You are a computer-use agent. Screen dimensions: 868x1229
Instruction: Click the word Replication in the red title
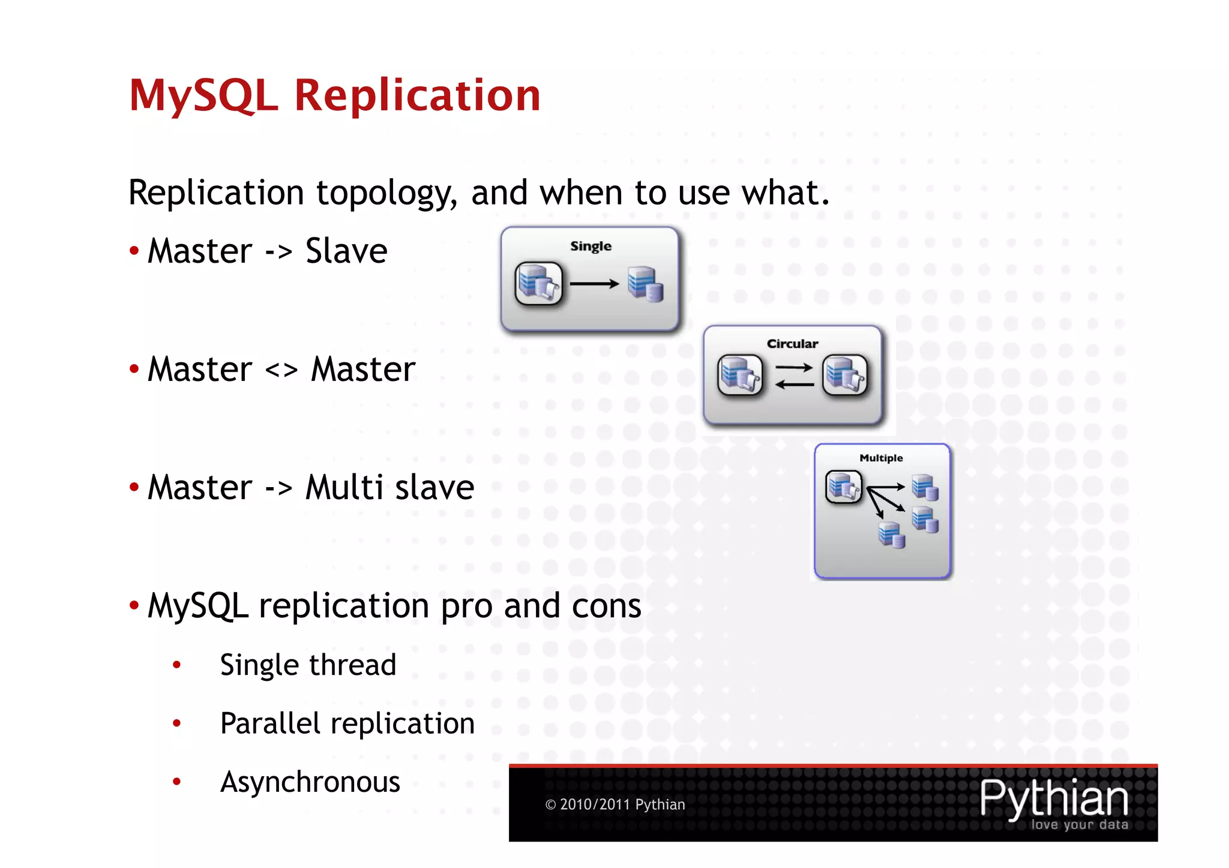pyautogui.click(x=417, y=96)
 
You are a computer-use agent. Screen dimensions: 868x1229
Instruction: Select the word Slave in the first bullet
pyautogui.click(x=346, y=251)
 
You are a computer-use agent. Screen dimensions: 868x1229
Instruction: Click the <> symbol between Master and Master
pyautogui.click(x=281, y=370)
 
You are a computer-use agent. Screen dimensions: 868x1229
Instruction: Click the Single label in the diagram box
pyautogui.click(x=590, y=247)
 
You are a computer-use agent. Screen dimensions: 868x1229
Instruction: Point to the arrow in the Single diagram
pyautogui.click(x=594, y=284)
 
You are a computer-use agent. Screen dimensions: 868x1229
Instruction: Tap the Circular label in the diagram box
pyautogui.click(x=792, y=344)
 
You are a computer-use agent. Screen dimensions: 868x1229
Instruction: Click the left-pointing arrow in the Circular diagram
pyautogui.click(x=794, y=385)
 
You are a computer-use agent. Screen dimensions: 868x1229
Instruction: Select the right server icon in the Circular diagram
pyautogui.click(x=845, y=376)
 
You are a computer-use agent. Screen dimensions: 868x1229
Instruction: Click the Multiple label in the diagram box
pyautogui.click(x=881, y=458)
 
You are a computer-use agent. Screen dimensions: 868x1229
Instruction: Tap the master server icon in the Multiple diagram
pyautogui.click(x=843, y=486)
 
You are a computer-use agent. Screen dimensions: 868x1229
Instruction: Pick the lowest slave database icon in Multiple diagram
pyautogui.click(x=892, y=534)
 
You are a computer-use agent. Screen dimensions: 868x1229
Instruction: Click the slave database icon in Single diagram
pyautogui.click(x=645, y=284)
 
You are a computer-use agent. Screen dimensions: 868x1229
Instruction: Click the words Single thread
pyautogui.click(x=308, y=665)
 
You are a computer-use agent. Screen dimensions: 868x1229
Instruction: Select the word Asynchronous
pyautogui.click(x=310, y=782)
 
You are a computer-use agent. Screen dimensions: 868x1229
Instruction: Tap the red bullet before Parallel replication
pyautogui.click(x=176, y=723)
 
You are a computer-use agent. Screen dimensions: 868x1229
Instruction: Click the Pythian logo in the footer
pyautogui.click(x=1054, y=801)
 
